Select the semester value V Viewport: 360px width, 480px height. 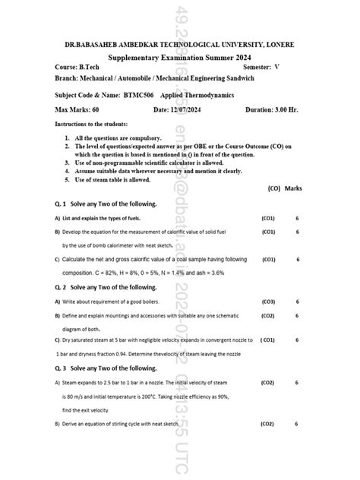tap(276, 67)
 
